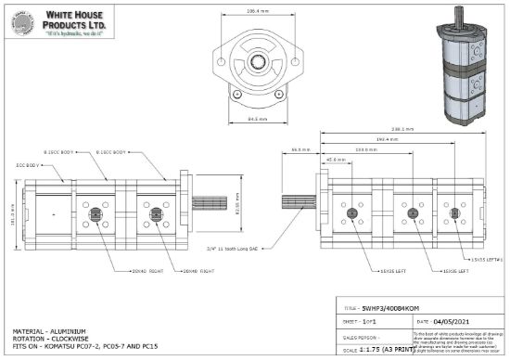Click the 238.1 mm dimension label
point(402,129)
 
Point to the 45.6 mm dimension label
point(337,159)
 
